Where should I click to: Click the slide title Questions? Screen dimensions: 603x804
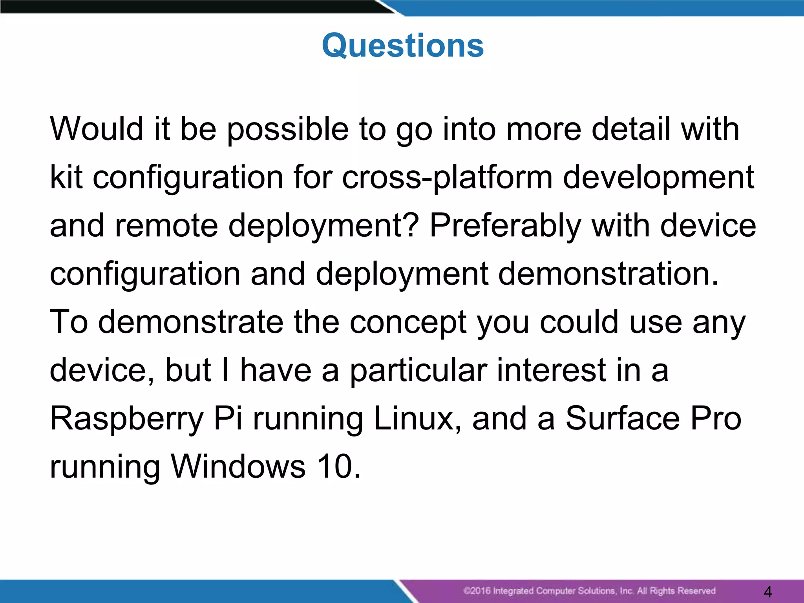(403, 46)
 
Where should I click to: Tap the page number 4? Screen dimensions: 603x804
(768, 591)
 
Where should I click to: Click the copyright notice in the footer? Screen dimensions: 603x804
(589, 591)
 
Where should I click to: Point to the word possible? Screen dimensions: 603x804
(288, 130)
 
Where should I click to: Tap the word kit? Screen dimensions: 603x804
(66, 177)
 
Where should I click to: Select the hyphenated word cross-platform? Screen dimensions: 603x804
(447, 179)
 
